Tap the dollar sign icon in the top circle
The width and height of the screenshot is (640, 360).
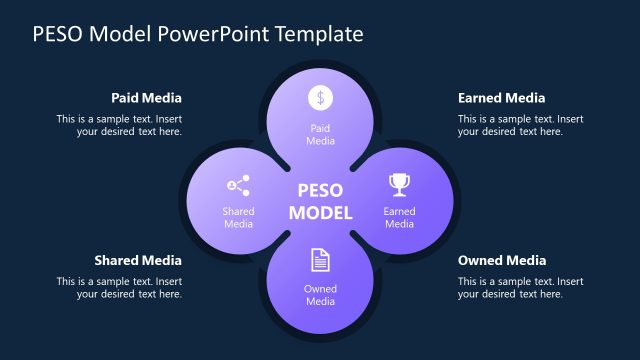(320, 97)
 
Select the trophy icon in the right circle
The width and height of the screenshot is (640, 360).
(399, 184)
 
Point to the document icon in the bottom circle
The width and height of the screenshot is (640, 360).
(320, 260)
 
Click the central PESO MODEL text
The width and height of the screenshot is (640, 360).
(320, 201)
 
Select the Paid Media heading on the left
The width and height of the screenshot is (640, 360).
(146, 98)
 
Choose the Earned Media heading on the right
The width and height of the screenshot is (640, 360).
(501, 98)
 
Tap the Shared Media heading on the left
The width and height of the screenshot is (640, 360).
(138, 260)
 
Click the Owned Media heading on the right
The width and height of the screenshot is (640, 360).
(502, 260)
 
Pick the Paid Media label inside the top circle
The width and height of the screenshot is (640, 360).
(320, 135)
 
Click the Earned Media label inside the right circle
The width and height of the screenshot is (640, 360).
(399, 217)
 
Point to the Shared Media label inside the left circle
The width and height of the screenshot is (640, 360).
(238, 217)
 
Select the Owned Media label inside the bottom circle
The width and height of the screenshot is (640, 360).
(320, 295)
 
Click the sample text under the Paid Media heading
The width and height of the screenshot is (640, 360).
(119, 125)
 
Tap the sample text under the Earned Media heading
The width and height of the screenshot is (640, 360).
(520, 125)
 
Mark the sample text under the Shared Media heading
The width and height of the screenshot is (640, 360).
(119, 287)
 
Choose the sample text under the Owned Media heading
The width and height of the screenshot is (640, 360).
(520, 287)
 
